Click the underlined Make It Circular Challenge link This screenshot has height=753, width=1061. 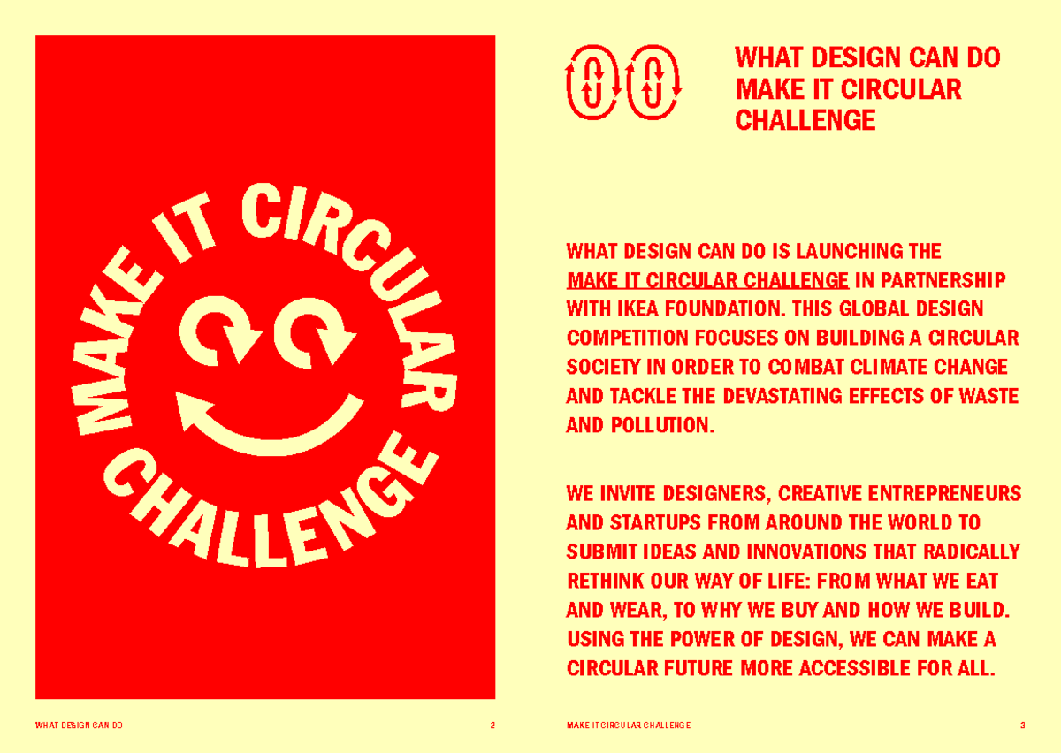point(707,281)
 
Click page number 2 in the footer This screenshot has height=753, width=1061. point(492,726)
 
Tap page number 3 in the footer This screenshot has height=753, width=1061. point(1022,726)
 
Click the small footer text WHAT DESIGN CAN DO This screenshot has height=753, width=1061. point(79,726)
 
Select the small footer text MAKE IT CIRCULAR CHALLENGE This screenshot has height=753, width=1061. point(628,726)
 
